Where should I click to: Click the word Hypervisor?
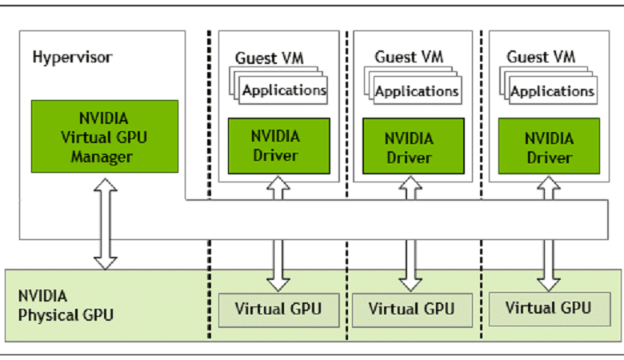[72, 58]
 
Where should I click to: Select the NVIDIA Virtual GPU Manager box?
[105, 137]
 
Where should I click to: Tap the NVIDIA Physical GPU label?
[66, 306]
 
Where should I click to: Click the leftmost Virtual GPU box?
[278, 310]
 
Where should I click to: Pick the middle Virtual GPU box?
[412, 310]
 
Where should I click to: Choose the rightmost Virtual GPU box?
[549, 309]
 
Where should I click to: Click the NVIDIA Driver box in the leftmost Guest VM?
[278, 146]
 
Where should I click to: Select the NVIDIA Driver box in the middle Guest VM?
[413, 146]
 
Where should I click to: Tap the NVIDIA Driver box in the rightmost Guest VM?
[549, 146]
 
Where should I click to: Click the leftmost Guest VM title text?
[270, 58]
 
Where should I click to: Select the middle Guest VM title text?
[409, 57]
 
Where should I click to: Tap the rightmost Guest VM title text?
[542, 57]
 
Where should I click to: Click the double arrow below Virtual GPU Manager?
[105, 224]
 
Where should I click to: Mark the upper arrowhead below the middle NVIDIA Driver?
[410, 183]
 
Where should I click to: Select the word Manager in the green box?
[102, 157]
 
